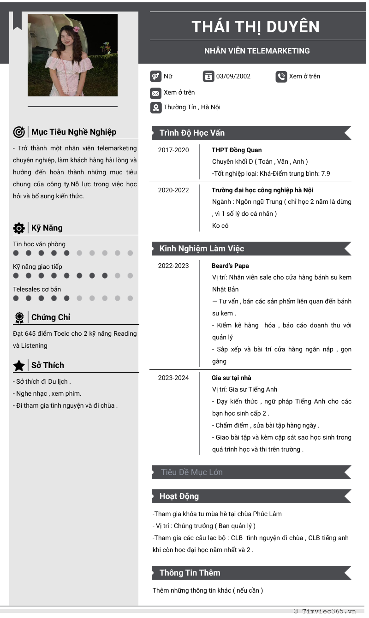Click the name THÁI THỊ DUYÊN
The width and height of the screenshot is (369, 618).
256,27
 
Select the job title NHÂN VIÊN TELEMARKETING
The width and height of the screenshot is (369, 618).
257,51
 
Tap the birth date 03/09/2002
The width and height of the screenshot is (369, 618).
233,76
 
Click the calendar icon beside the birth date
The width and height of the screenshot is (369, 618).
208,77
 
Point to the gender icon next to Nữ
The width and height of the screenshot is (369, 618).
155,77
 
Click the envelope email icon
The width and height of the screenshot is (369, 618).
155,93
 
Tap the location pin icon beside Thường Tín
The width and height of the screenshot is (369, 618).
155,108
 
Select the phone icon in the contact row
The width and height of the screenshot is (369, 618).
281,77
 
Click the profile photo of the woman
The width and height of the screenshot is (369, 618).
72,55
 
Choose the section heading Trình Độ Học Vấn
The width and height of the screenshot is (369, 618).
192,133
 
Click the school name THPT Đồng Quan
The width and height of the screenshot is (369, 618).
237,150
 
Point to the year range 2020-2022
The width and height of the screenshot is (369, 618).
173,190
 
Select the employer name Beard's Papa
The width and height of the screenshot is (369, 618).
230,266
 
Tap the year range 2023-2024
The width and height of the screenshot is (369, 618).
173,378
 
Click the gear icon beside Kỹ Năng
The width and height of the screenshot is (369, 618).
19,228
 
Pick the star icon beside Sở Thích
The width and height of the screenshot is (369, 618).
19,366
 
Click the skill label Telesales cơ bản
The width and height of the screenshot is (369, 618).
37,289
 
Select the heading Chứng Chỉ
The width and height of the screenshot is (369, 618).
51,317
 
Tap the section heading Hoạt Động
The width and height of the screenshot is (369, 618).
179,496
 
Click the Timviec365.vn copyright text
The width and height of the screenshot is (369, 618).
325,611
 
